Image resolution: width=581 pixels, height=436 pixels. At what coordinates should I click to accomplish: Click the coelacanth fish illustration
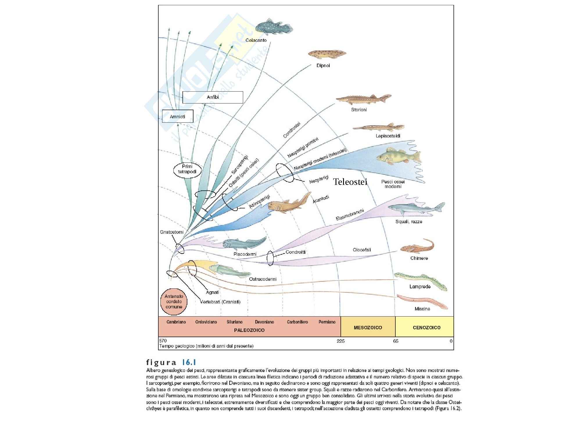[274, 26]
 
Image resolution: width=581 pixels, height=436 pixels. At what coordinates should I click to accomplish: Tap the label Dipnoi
[323, 65]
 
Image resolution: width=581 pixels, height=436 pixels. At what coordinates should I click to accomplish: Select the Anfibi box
[213, 97]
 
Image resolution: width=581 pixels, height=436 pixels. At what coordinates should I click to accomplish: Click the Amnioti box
[177, 116]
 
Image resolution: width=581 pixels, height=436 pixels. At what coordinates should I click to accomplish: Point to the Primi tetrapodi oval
[187, 169]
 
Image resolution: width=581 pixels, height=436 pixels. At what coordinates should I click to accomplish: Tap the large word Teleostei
[350, 182]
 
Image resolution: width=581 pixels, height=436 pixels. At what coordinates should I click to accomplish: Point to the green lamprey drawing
[420, 280]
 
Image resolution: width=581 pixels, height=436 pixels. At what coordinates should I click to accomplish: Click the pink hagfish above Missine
[422, 301]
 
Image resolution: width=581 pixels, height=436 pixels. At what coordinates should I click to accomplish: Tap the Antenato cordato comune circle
[174, 301]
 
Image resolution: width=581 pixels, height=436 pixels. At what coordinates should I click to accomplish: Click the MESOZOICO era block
[368, 328]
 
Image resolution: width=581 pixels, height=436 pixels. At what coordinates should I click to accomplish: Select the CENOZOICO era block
[426, 328]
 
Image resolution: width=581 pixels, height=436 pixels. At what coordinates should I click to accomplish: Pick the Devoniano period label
[264, 322]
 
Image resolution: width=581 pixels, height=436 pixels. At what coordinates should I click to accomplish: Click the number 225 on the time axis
[340, 341]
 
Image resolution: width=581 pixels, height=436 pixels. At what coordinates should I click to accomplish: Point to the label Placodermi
[245, 254]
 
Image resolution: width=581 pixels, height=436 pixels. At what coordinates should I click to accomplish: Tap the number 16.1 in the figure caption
[189, 362]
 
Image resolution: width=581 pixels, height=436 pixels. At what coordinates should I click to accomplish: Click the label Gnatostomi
[172, 232]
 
